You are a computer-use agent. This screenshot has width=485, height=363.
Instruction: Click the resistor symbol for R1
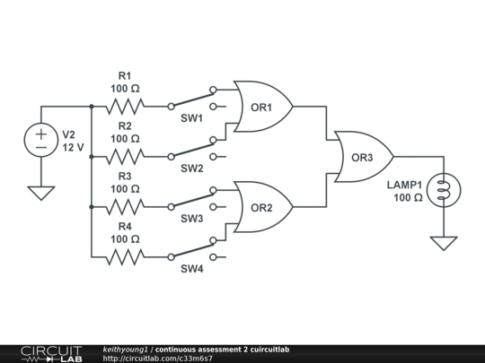tap(125, 107)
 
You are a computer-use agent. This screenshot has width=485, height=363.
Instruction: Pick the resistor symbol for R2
tap(125, 157)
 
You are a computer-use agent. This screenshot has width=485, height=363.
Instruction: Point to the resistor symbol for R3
tap(125, 207)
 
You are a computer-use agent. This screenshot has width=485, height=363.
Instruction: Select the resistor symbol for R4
tap(125, 257)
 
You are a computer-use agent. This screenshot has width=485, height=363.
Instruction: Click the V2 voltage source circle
tap(41, 141)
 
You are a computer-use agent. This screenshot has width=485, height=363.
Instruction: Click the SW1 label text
tap(191, 118)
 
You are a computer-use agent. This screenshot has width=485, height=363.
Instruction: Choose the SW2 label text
tap(191, 169)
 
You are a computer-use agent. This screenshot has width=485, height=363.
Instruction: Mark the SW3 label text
tap(191, 219)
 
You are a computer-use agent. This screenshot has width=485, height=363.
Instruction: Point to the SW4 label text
tap(191, 269)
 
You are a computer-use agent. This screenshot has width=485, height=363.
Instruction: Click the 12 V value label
tap(73, 147)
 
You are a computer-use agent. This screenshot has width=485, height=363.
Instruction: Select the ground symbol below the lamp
tap(441, 242)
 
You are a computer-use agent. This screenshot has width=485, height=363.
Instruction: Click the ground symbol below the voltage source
tap(41, 192)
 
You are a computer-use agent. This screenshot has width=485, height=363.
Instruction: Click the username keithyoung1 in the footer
tap(125, 349)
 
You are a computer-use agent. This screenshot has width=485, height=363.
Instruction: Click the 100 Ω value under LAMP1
tap(407, 197)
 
